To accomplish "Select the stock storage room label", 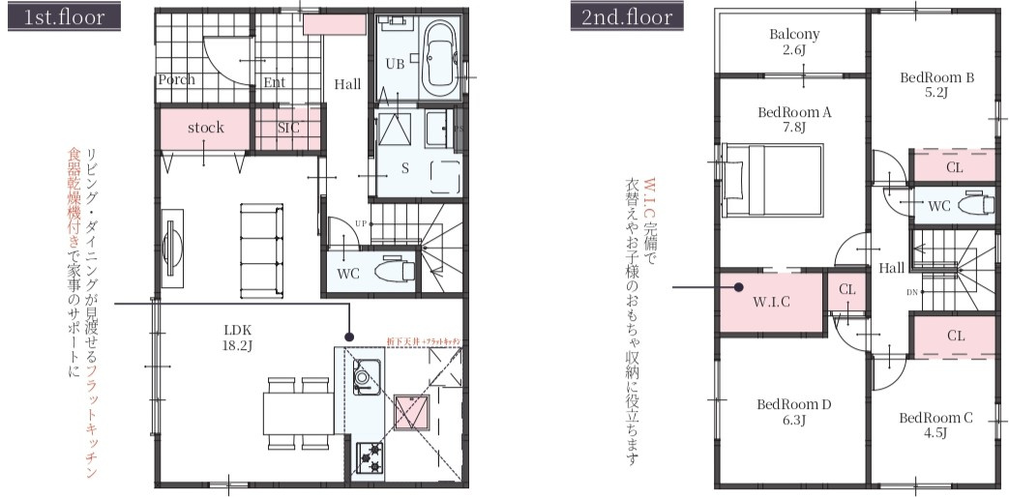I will tap(205, 128).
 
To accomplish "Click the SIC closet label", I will tap(288, 128).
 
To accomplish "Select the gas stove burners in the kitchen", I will tap(370, 455).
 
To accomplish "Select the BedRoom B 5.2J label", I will tap(936, 84).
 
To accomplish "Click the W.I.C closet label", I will tap(772, 301).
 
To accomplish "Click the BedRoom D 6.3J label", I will tap(794, 412).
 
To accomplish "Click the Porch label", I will tap(175, 80).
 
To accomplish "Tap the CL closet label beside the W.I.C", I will tap(846, 289).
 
